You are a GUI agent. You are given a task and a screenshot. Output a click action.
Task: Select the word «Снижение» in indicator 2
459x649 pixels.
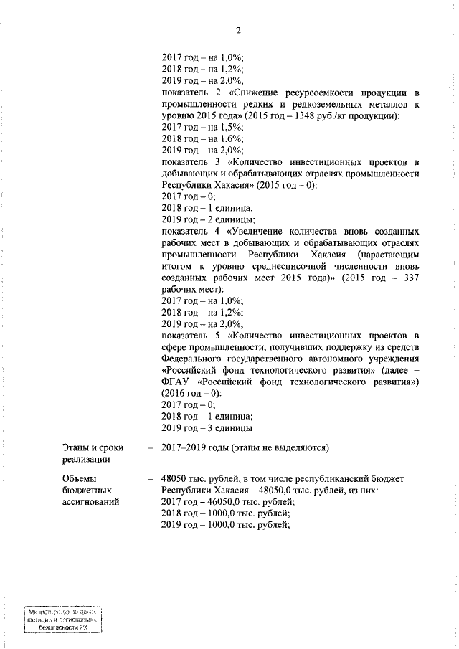click(255, 93)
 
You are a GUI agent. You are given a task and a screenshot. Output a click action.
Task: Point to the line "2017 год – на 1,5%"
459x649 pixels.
click(203, 128)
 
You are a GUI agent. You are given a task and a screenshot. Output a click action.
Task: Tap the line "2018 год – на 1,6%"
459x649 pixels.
click(203, 139)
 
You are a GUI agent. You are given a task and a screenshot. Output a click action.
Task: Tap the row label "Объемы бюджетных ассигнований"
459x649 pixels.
click(87, 489)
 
